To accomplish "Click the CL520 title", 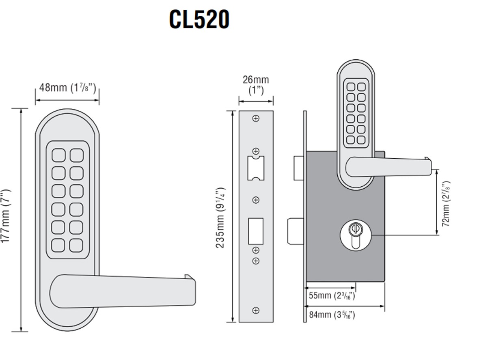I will [x=199, y=19].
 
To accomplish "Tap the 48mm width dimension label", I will [x=67, y=87].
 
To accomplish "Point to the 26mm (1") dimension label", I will [x=256, y=84].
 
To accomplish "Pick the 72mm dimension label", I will [x=446, y=203].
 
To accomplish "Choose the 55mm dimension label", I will [x=332, y=295].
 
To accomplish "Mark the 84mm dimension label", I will [x=332, y=314].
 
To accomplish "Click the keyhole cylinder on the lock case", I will [x=355, y=234].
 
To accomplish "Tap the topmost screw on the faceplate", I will [x=256, y=119].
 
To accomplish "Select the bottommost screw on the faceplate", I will [x=256, y=310].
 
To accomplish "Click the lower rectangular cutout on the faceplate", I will [x=256, y=231].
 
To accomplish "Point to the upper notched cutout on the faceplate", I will [x=256, y=167].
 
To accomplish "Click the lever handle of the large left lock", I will [x=122, y=290].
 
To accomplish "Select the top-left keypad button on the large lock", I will [x=58, y=155].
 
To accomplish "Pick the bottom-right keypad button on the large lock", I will [x=76, y=245].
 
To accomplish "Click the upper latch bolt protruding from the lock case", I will [x=298, y=167].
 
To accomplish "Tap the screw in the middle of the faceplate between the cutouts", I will [x=256, y=200].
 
